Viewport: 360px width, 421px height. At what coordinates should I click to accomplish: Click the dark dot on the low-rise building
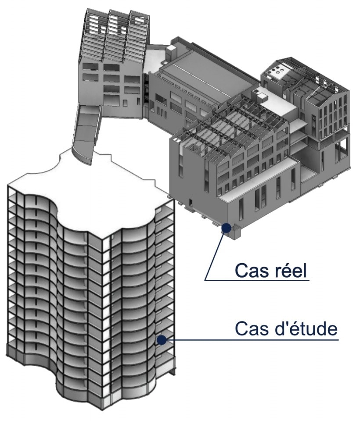(226, 228)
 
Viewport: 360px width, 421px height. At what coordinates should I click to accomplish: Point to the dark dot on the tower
(162, 339)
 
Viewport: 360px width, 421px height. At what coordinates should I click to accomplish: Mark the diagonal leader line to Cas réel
(215, 254)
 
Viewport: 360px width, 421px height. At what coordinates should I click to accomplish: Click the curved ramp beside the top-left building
(86, 132)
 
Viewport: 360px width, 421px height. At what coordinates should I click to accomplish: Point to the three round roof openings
(280, 71)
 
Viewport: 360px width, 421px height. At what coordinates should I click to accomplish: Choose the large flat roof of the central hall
(206, 70)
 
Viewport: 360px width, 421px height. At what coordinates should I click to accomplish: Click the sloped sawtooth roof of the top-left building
(112, 35)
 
